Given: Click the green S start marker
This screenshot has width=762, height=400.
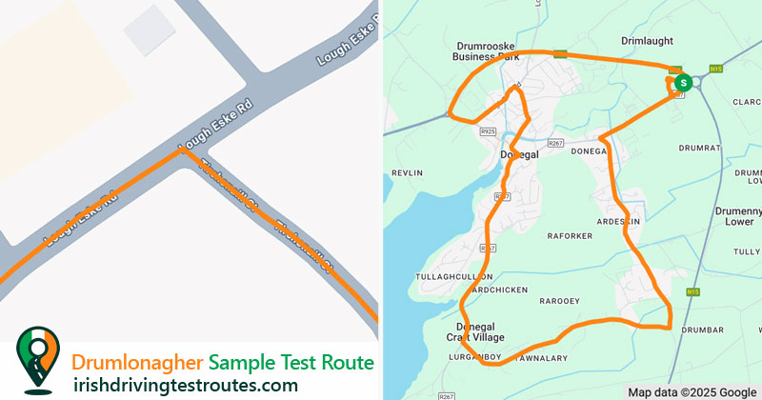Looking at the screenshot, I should click(682, 83).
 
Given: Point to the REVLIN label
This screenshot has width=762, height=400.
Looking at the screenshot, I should click(406, 173).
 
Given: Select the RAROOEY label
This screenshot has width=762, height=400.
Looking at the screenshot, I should click(559, 301).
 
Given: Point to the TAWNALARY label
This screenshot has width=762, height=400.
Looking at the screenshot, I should click(543, 358).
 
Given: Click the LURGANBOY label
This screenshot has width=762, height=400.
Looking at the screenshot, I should click(473, 357).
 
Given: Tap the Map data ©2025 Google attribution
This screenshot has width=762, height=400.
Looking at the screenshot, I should click(692, 392).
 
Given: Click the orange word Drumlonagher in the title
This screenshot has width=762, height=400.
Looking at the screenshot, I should click(137, 363).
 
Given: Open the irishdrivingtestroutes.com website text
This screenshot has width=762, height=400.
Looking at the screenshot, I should click(185, 385).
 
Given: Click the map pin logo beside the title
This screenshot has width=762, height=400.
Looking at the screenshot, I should click(37, 360).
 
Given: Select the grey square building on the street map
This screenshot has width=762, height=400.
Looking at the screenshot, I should click(150, 30).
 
